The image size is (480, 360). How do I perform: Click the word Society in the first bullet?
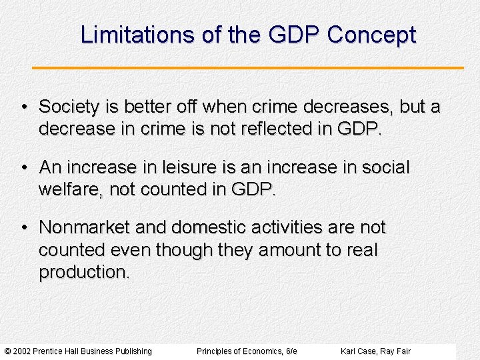pyautogui.click(x=69, y=107)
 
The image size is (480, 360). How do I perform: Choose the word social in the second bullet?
pyautogui.click(x=385, y=167)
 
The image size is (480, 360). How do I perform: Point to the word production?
pyautogui.click(x=83, y=272)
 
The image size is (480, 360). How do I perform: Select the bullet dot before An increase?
pyautogui.click(x=24, y=168)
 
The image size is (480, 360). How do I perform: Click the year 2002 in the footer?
pyautogui.click(x=21, y=351)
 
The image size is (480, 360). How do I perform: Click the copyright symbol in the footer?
pyautogui.click(x=7, y=351)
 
